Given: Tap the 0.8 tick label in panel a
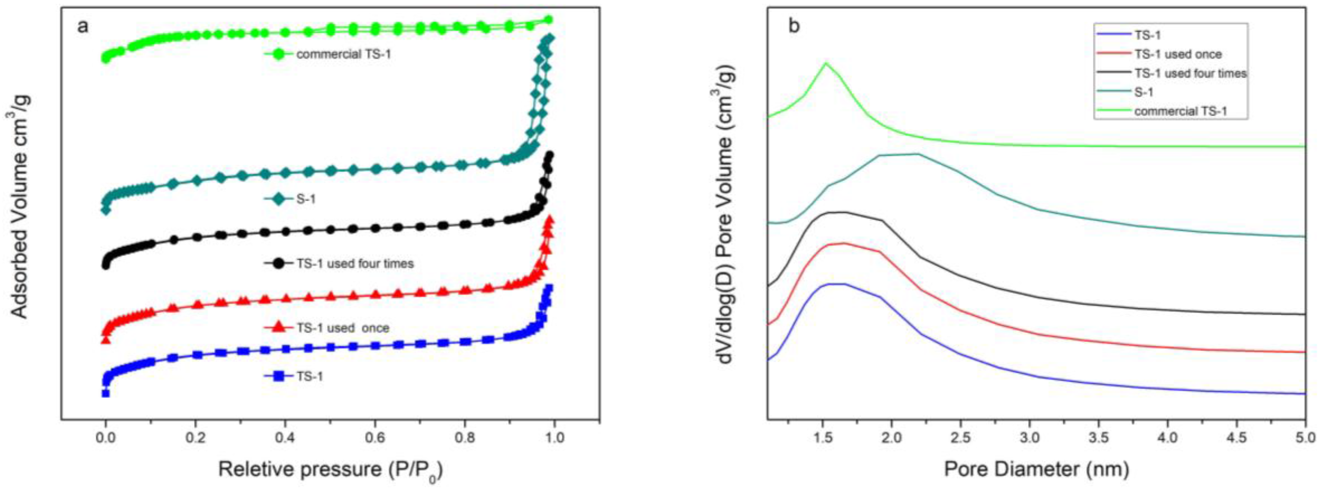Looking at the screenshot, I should click(x=464, y=438).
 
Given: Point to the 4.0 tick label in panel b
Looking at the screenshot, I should click(x=1167, y=438).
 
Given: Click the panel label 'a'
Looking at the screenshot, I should click(x=82, y=26).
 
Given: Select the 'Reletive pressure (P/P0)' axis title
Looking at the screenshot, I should click(x=330, y=469).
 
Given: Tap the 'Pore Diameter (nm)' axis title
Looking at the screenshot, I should click(x=1036, y=469).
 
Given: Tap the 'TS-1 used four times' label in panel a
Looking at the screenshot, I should click(x=355, y=263).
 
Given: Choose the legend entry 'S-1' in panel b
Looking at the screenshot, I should click(x=1143, y=92).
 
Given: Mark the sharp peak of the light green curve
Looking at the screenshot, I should click(x=825, y=63).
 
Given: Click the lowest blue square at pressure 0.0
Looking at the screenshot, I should click(x=105, y=393).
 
